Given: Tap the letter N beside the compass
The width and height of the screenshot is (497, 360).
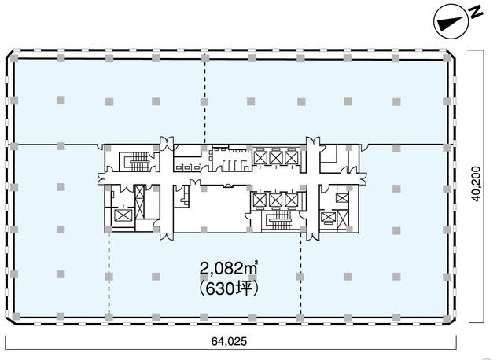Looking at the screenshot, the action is click(x=476, y=13).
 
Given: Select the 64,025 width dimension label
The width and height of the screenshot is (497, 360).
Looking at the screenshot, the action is click(x=229, y=341).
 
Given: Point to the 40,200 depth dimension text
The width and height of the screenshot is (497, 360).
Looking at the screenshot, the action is click(x=476, y=184).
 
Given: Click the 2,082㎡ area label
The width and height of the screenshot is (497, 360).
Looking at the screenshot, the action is click(x=228, y=269).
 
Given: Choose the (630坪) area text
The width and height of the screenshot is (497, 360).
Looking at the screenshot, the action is click(x=228, y=288).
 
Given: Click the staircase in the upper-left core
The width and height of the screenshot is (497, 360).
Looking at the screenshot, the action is click(x=139, y=162).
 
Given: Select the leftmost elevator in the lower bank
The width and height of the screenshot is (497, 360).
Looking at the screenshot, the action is click(x=260, y=200).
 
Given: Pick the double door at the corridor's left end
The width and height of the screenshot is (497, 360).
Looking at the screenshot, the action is click(x=101, y=179).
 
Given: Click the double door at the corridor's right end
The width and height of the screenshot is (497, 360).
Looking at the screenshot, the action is click(x=363, y=179).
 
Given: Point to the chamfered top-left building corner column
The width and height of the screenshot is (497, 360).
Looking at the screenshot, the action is click(x=13, y=58).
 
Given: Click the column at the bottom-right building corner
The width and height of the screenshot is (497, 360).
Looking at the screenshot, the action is click(x=447, y=318).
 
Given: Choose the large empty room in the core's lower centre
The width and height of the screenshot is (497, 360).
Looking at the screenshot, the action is click(x=219, y=209).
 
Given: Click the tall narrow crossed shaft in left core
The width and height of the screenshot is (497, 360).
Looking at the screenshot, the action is click(x=139, y=202).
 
